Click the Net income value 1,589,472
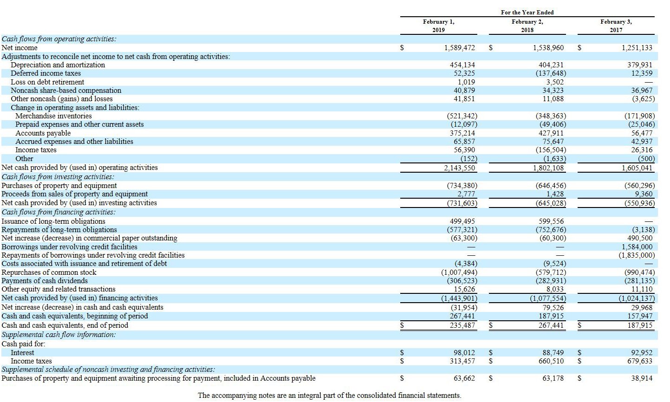pyautogui.click(x=459, y=48)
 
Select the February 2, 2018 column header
pyautogui.click(x=527, y=26)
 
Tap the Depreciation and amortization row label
pyautogui.click(x=58, y=65)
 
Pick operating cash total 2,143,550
pyautogui.click(x=459, y=168)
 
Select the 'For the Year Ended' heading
pyautogui.click(x=527, y=13)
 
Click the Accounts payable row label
pyautogui.click(x=43, y=133)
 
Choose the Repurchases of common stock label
pyautogui.click(x=49, y=272)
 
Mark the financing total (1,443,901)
pyautogui.click(x=459, y=298)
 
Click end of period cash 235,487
pyautogui.click(x=462, y=325)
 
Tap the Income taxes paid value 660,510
pyautogui.click(x=551, y=361)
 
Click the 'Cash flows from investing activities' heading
pyautogui.click(x=58, y=177)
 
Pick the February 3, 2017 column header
pyautogui.click(x=616, y=26)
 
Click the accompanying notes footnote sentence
pyautogui.click(x=329, y=396)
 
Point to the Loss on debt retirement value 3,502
pyautogui.click(x=555, y=82)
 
